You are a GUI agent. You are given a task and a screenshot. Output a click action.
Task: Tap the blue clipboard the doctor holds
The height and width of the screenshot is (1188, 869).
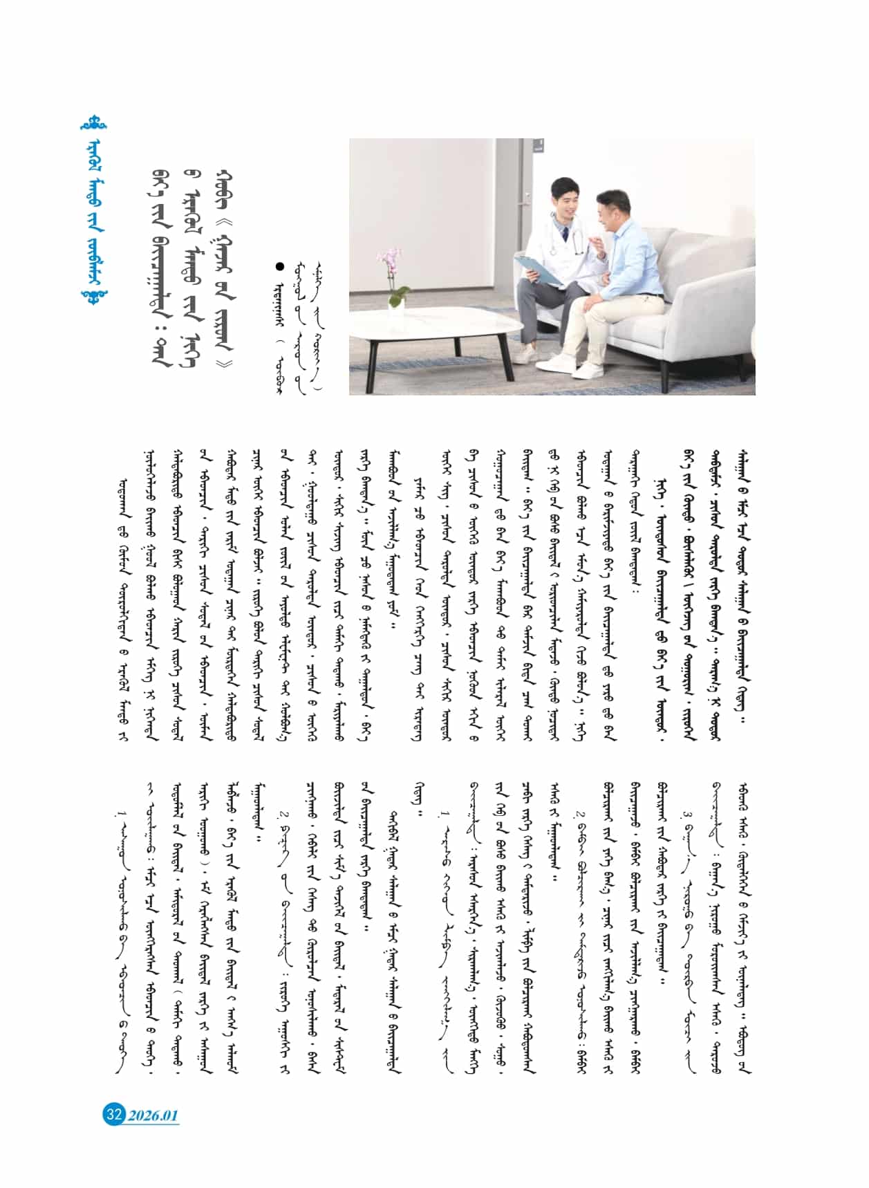click(x=539, y=269)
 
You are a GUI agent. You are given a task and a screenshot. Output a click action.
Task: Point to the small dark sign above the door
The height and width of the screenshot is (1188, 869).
click(x=539, y=146)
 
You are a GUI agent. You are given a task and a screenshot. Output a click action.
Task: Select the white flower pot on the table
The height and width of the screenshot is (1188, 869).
click(x=395, y=304)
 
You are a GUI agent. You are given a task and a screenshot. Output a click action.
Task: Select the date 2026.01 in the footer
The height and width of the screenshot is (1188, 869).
click(x=153, y=1115)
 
